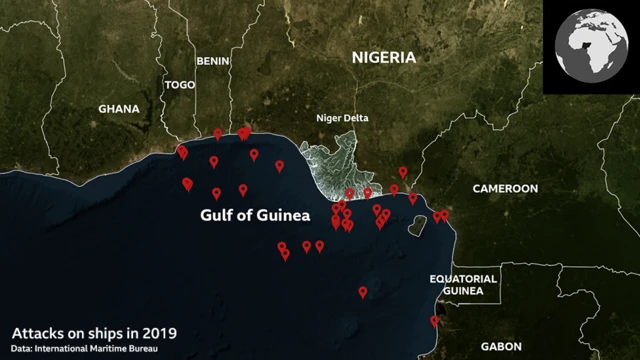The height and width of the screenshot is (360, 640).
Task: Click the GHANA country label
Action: pos(119,108)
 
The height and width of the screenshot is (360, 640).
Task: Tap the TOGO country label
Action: pos(180,85)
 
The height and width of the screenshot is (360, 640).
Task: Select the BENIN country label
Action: pos(213,61)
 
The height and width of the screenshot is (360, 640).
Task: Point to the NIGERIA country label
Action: pos(383,58)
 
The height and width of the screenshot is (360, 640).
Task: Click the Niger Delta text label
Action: pos(342,118)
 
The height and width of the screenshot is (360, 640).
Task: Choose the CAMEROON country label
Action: pos(505,189)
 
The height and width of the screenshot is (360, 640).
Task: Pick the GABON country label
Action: pos(500,346)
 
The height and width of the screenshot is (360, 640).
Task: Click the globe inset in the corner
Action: pos(591,47)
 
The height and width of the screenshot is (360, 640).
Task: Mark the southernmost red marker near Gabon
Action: pos(434,321)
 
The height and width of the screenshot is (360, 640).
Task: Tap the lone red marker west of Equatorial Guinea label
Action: pos(362,292)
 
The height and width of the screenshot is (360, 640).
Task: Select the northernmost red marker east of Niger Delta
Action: pos(403,171)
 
